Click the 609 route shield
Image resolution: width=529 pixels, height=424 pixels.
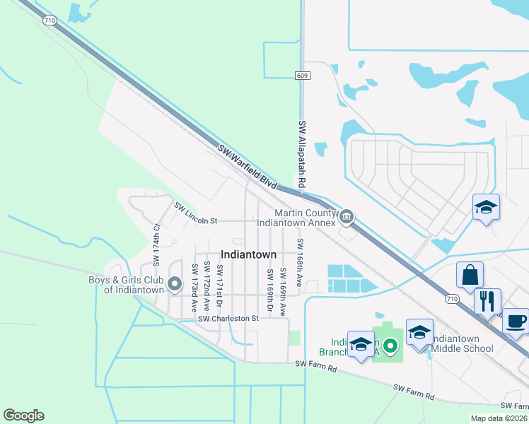[302, 76]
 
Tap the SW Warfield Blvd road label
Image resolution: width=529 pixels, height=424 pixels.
[247, 167]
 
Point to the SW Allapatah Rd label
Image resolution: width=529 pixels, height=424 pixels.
[302, 153]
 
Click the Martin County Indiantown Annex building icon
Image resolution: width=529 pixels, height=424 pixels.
[347, 217]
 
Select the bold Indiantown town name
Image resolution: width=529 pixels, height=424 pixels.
[248, 254]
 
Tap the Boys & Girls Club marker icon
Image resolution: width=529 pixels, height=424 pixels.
[175, 285]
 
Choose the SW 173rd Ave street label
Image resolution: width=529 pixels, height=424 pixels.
[194, 288]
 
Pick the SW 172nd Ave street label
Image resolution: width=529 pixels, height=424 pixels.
[207, 287]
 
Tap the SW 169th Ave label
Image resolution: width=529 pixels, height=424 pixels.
[282, 291]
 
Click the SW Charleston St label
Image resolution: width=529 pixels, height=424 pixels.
[228, 319]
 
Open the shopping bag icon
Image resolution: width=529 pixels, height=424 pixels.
[470, 276]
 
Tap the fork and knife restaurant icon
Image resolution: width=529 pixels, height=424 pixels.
[487, 301]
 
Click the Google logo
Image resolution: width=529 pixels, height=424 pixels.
[23, 416]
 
